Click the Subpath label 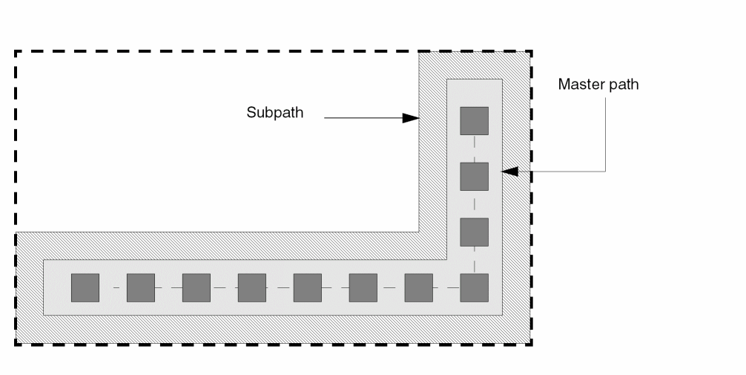[x=275, y=114]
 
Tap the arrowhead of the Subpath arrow [x=411, y=117]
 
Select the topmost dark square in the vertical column [x=475, y=120]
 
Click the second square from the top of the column [x=475, y=176]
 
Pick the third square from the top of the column [x=475, y=232]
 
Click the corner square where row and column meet [x=475, y=287]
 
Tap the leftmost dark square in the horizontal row [x=85, y=287]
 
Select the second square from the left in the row [x=141, y=287]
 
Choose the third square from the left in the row [x=197, y=287]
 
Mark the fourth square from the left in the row [x=252, y=287]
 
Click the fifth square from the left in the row [x=308, y=287]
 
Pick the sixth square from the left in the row [x=363, y=287]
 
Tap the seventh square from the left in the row [x=419, y=287]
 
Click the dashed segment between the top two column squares [x=475, y=149]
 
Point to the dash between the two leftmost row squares [x=113, y=287]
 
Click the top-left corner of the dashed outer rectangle [x=16, y=51]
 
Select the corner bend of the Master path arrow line [x=607, y=172]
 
